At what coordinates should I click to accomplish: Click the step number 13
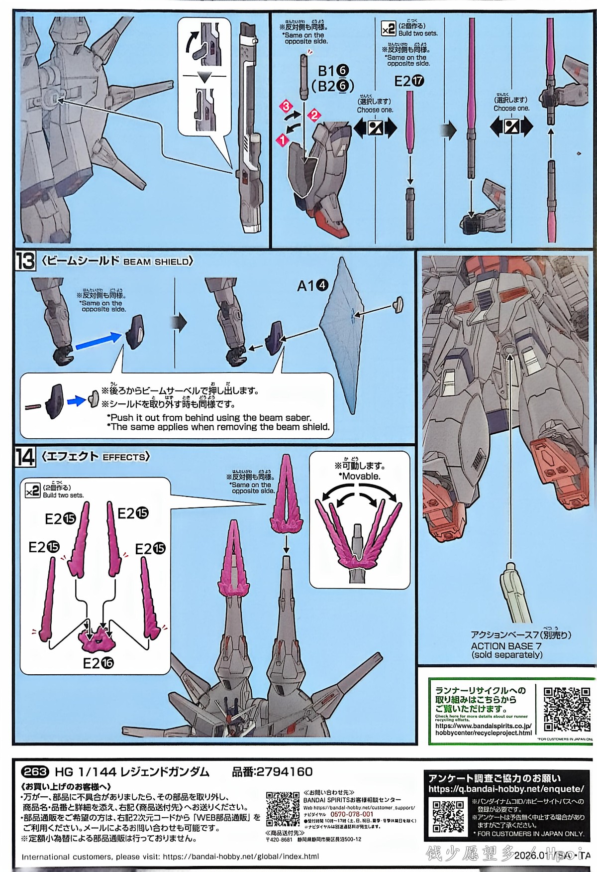[25, 261]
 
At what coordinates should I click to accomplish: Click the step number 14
[25, 457]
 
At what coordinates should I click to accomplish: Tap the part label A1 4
[312, 285]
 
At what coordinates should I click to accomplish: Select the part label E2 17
[409, 81]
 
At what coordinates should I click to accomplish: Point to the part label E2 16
[98, 663]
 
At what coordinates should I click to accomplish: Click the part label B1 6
[333, 71]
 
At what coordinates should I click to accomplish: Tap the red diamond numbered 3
[286, 106]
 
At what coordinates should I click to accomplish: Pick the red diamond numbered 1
[283, 140]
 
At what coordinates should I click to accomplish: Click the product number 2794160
[284, 771]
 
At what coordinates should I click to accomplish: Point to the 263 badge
[35, 771]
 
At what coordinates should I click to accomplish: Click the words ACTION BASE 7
[506, 645]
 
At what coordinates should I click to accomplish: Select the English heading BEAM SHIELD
[156, 261]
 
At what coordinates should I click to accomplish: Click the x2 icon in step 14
[32, 491]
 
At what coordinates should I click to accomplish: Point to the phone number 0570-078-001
[352, 814]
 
